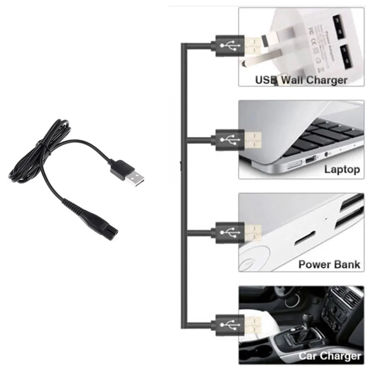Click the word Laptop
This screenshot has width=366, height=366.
[x=342, y=170]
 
